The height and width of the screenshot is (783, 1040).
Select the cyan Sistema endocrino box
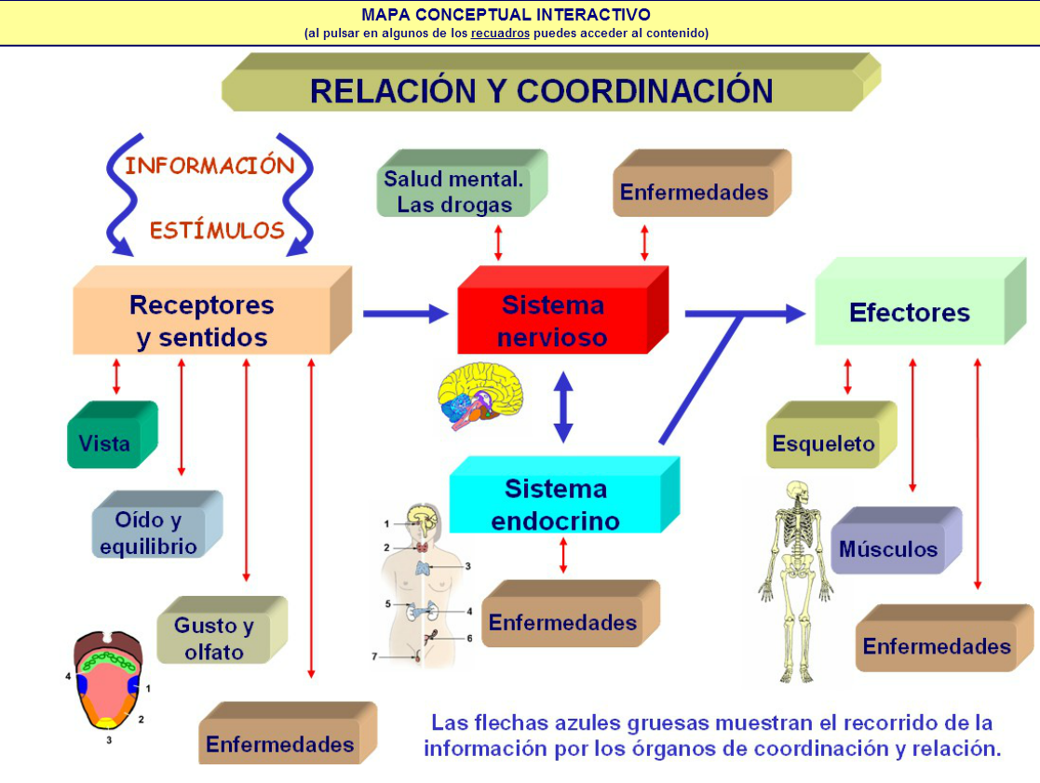555,505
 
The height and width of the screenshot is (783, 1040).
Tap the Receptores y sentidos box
202,321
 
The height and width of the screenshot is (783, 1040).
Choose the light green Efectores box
909,313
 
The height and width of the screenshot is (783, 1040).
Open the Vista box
104,443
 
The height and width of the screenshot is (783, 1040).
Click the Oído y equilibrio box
149,533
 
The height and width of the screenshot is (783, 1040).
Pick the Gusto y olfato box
214,639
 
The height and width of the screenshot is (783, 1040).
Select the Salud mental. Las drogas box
453,192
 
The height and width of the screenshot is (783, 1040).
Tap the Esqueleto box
824,443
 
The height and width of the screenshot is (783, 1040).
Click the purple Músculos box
888,548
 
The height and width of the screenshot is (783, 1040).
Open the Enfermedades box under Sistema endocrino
562,622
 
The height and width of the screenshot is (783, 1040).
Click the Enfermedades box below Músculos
936,646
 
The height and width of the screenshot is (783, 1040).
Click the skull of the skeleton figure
797,493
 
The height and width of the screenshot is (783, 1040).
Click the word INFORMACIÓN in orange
209,166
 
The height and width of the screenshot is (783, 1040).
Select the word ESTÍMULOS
217,230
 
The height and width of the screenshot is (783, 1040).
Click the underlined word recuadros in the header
500,33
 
